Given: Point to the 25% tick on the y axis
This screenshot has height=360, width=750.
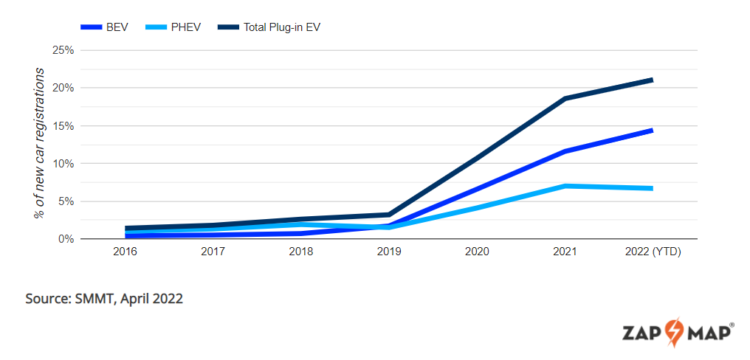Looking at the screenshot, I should [63, 50].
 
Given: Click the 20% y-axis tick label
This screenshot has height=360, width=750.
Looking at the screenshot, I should [63, 88].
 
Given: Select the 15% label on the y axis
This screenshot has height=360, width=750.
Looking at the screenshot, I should [63, 126].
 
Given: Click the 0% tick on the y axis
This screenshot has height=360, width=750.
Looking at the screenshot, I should [66, 239].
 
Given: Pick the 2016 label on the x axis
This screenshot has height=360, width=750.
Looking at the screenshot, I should [125, 252].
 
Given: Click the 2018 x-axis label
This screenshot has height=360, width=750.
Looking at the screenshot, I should [301, 252].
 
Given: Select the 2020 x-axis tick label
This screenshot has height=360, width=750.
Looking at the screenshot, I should [477, 252].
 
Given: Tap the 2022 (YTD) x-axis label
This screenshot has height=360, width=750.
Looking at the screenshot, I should [653, 252].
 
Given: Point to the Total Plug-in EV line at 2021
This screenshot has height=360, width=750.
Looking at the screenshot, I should [565, 98].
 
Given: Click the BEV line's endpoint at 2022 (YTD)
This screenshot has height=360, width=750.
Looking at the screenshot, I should [651, 131].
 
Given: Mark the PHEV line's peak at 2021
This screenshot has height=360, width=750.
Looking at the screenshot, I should [565, 186].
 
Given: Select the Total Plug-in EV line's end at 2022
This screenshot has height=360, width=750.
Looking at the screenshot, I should [651, 80].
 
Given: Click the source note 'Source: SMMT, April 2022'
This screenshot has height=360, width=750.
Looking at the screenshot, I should [104, 299].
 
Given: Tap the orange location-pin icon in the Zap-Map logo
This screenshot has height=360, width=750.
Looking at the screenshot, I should [674, 331].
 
